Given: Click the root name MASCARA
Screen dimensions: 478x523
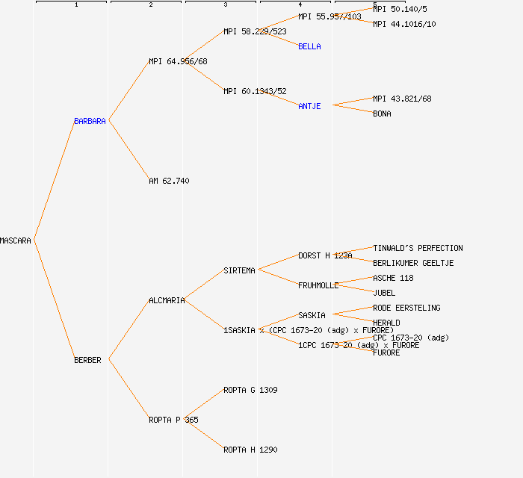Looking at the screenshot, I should tap(16, 240).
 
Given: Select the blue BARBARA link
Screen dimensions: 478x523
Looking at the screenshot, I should tap(90, 121).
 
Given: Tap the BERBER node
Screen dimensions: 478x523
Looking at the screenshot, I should tap(87, 360).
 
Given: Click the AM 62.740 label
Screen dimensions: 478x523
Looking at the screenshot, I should tap(169, 181).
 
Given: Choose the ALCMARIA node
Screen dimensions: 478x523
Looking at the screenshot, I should tap(167, 300).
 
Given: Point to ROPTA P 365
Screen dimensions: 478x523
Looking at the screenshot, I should tap(173, 420).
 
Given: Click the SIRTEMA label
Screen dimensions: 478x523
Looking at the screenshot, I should tap(239, 270).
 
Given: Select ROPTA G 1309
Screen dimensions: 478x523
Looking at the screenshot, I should tap(250, 390).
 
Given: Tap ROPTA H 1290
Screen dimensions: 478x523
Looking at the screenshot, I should tap(250, 450).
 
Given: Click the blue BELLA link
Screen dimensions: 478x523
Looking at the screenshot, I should tap(309, 46).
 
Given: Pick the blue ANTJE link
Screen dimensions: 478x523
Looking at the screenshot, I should tap(309, 106).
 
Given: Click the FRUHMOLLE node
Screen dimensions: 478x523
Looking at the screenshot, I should tap(318, 285).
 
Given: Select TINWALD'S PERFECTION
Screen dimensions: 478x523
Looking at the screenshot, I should tap(418, 248).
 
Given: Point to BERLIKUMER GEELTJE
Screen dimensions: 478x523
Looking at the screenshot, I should tap(413, 263).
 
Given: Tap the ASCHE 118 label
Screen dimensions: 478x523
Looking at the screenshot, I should tap(393, 278).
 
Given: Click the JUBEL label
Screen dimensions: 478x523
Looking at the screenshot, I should tap(384, 293).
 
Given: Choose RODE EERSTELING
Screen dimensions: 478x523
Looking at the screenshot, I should tap(406, 308).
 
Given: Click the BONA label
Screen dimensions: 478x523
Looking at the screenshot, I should tap(382, 114).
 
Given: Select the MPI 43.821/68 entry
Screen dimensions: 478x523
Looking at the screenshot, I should tap(402, 99).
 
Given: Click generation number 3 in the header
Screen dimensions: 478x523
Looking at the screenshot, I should tap(225, 5).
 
